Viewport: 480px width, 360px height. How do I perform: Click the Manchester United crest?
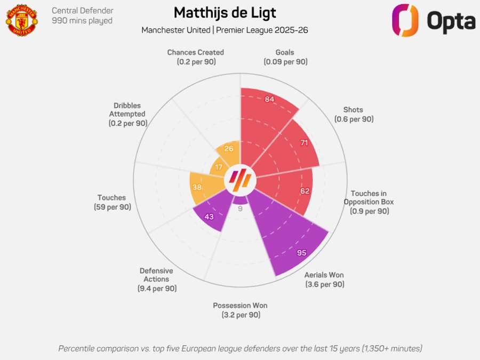(22, 20)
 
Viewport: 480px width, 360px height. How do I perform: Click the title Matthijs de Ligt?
(225, 12)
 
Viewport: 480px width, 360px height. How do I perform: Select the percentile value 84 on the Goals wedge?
(269, 99)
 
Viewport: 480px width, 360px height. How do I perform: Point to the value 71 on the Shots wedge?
(304, 143)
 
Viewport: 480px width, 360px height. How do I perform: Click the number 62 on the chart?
(305, 191)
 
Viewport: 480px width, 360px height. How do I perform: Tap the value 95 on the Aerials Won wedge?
(301, 253)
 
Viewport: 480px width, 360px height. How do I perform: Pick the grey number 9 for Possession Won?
(240, 209)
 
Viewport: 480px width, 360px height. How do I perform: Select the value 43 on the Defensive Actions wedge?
(210, 217)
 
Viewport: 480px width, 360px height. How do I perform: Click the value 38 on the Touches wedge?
(197, 187)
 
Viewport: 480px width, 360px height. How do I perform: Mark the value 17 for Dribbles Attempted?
(218, 167)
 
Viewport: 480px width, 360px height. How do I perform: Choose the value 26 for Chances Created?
(229, 149)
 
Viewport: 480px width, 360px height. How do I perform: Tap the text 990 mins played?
(82, 21)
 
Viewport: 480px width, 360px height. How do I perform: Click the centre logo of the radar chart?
(240, 181)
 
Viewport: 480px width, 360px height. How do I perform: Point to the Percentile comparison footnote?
(240, 348)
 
